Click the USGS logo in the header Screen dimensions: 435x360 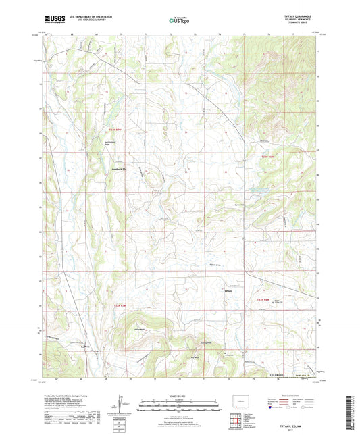coord(52,20)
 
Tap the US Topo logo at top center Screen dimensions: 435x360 coord(179,21)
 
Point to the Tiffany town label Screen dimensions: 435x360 coord(228,292)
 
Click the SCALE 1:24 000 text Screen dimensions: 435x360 coord(180,395)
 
